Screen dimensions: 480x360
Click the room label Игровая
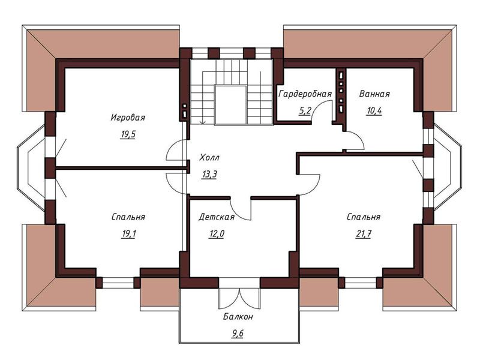(x=128, y=117)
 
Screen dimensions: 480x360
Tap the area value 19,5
(x=128, y=134)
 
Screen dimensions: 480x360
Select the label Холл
(x=209, y=158)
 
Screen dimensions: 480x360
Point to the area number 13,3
(x=209, y=175)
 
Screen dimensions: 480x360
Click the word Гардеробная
(x=305, y=94)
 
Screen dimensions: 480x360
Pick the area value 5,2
(x=305, y=110)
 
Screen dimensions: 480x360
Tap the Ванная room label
(x=374, y=94)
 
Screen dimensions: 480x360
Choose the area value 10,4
(x=374, y=110)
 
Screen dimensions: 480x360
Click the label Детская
(x=217, y=217)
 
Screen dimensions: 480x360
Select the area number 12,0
(x=217, y=234)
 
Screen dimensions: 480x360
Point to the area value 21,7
(x=364, y=234)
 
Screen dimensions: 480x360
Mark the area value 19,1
(x=128, y=234)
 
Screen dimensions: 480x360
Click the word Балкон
(x=238, y=317)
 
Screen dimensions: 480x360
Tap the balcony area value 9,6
(x=238, y=333)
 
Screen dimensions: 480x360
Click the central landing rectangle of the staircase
(x=231, y=105)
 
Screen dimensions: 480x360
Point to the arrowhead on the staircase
(x=202, y=123)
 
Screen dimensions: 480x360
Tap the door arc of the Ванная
(x=359, y=137)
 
